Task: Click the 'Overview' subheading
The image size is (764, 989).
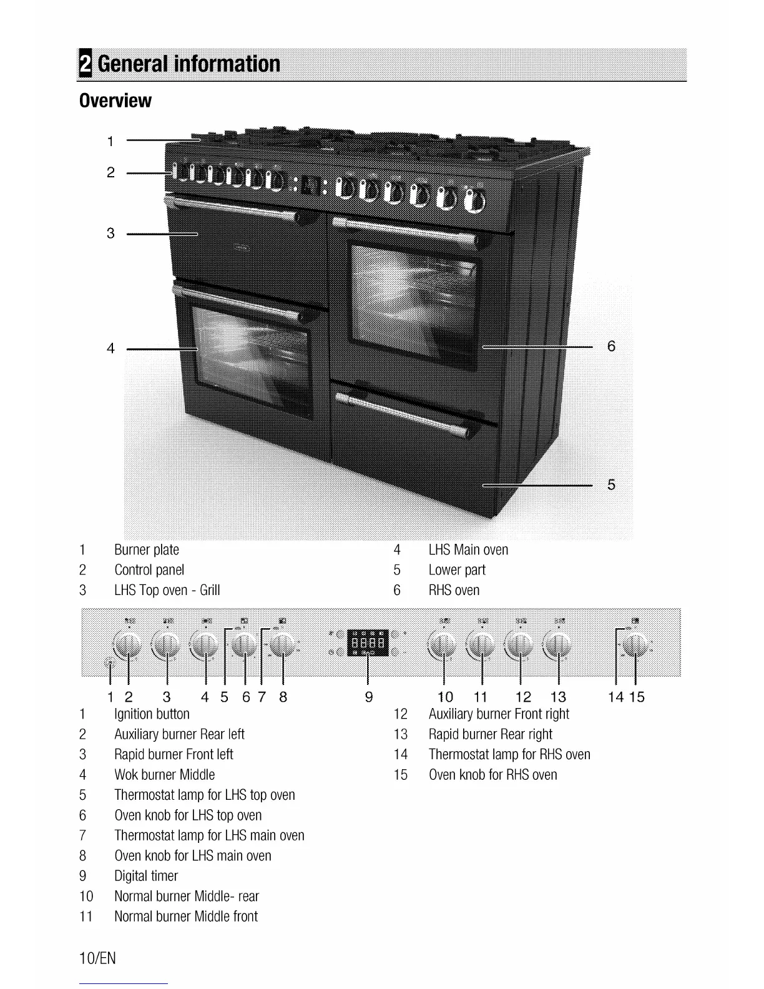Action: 115,101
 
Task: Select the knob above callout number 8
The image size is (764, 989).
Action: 283,645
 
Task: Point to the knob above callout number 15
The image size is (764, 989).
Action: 635,645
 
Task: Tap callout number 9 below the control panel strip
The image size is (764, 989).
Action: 369,697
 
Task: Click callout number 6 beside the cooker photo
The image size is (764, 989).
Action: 611,346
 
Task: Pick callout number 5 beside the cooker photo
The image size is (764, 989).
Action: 611,485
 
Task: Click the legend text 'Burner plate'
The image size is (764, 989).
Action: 147,550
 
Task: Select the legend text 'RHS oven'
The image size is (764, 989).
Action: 454,591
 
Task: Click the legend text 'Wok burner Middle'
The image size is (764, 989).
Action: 164,775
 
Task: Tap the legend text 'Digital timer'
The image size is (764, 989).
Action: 146,876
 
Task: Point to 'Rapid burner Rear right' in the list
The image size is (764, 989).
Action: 490,734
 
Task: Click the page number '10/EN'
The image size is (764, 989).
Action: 98,958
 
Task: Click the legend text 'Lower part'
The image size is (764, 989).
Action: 456,570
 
